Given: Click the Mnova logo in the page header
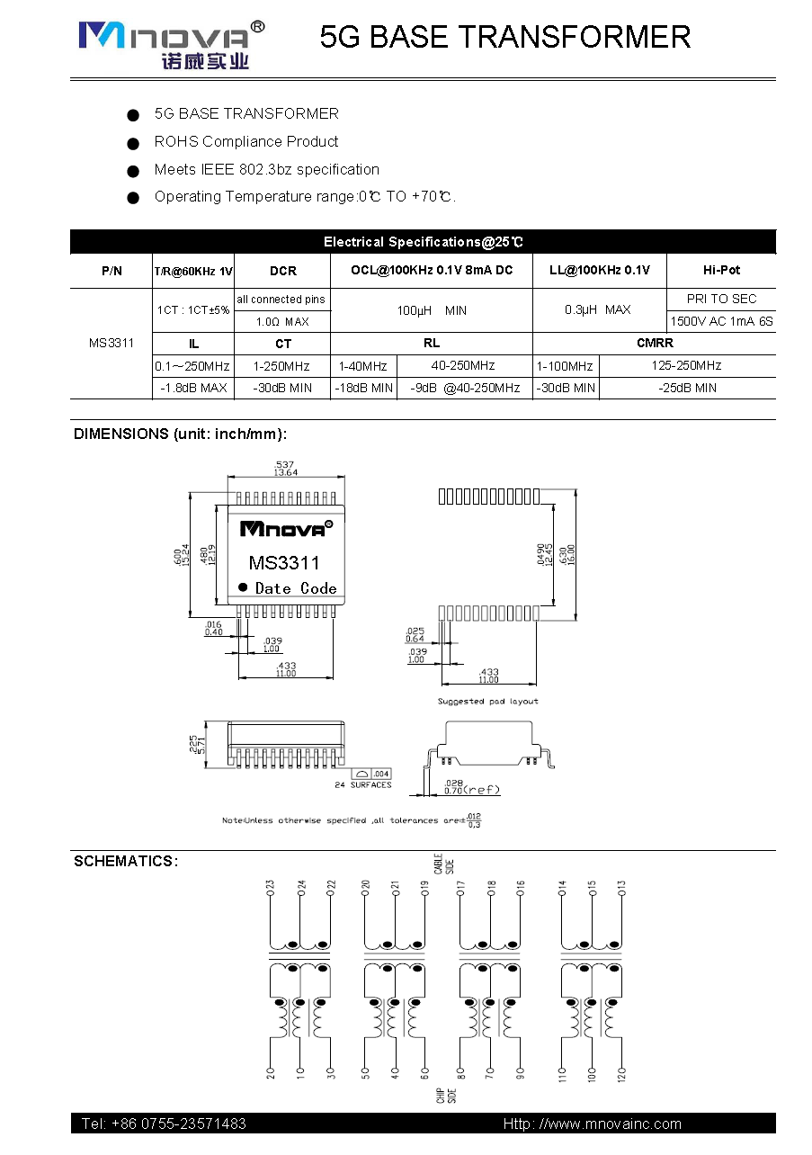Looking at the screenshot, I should (171, 42).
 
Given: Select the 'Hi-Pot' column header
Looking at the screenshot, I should (722, 270).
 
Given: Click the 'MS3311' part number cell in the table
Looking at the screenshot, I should (112, 343).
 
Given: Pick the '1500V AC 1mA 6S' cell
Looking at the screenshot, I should (721, 321).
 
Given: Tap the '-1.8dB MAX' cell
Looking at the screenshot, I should (193, 388).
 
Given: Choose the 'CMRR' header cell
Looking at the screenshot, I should (654, 343).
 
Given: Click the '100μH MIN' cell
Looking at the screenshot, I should (432, 310).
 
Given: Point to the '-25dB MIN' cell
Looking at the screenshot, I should (686, 388).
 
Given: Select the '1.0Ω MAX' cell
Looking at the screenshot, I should (282, 321).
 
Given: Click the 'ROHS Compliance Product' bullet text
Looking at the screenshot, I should (245, 141).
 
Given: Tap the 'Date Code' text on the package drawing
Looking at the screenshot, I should (295, 588).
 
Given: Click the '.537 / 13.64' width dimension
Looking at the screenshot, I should (286, 468).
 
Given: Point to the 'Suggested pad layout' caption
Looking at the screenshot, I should (487, 701).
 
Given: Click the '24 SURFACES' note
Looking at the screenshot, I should (363, 785).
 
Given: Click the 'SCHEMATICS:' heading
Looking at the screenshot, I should (126, 862).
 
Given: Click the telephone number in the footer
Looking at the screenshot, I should (164, 1124).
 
